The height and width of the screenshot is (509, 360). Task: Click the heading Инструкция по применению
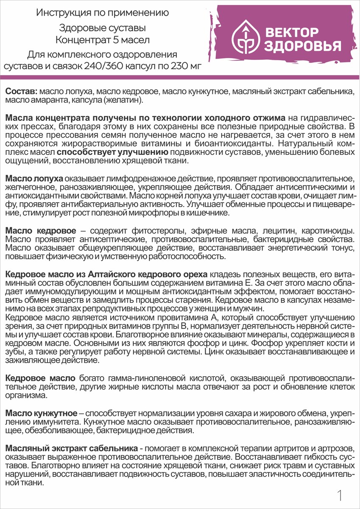(x=102, y=13)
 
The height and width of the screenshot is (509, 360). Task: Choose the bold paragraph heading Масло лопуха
(x=35, y=177)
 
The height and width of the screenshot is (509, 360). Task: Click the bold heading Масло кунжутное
(x=41, y=413)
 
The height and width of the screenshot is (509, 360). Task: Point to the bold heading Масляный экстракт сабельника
(x=71, y=448)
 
